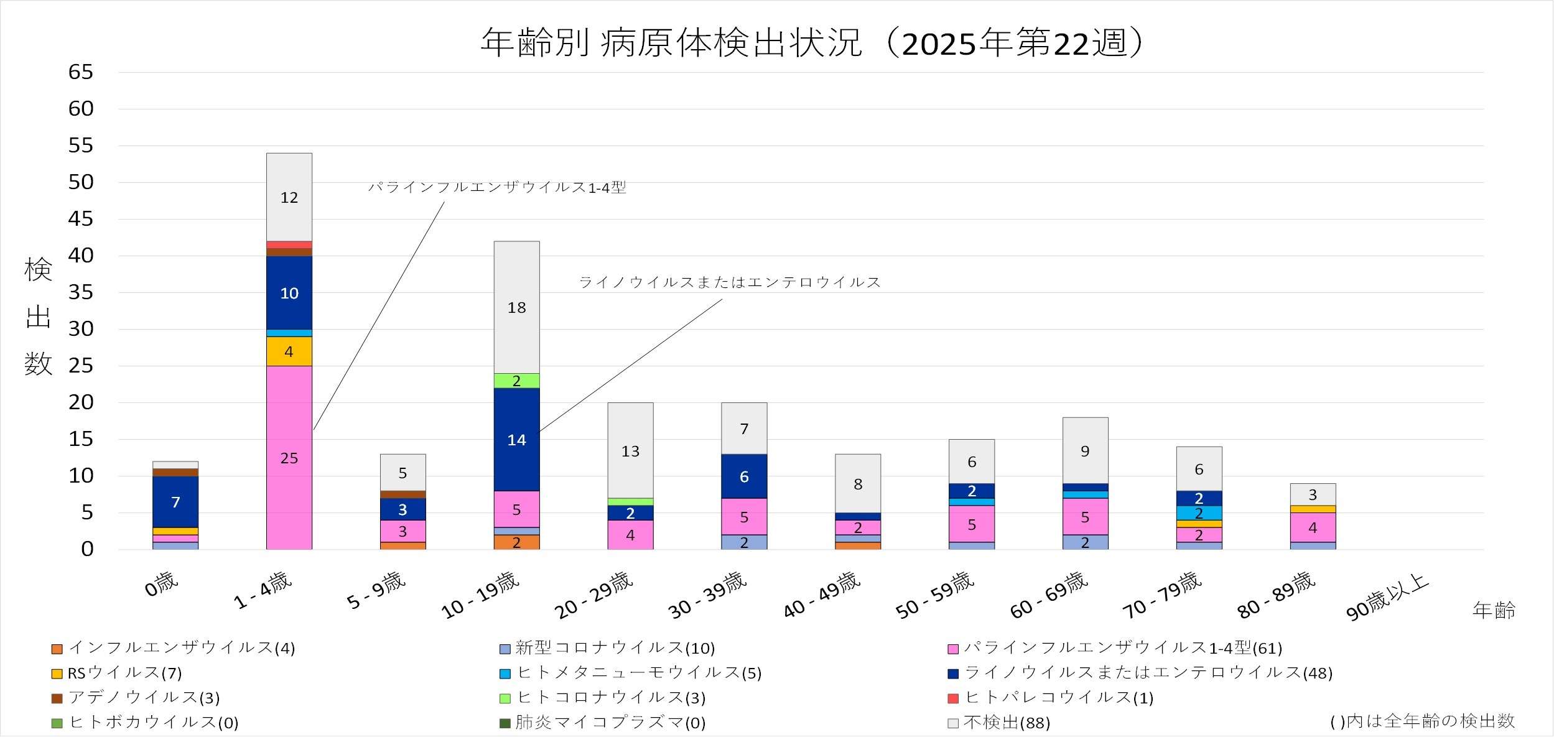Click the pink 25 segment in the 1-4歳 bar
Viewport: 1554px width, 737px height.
(x=289, y=458)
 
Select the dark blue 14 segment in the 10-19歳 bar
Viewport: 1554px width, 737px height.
(x=516, y=440)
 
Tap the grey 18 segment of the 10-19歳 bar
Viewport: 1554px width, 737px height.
(x=516, y=307)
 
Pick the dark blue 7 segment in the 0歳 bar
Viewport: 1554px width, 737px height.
(x=175, y=502)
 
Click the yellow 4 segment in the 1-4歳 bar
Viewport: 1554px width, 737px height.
(x=289, y=351)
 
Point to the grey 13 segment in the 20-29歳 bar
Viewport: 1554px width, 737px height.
(x=630, y=451)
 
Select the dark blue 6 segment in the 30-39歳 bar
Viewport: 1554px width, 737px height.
(x=744, y=476)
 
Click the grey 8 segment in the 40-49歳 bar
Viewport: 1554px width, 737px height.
(x=858, y=484)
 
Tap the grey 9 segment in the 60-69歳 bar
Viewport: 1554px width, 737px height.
(x=1085, y=451)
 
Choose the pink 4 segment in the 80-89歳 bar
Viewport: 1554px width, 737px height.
(x=1313, y=527)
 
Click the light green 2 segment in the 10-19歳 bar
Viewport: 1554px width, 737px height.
(x=516, y=381)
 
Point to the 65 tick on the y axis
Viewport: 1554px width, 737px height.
(x=81, y=72)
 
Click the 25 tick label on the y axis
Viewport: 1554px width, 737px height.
(x=81, y=366)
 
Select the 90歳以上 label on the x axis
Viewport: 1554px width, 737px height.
(x=1387, y=597)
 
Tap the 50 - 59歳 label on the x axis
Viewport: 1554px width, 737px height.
(x=934, y=596)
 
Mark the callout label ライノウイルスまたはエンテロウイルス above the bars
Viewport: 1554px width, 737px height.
(x=730, y=282)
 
